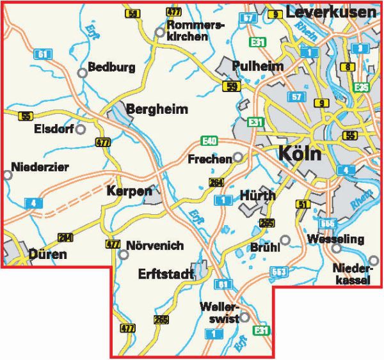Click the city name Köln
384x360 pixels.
pos(301,154)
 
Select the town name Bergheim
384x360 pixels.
pos(157,109)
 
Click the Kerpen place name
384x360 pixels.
pos(130,191)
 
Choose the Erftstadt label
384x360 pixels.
pos(166,274)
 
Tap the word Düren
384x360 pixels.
pos(48,255)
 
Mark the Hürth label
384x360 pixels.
pos(257,195)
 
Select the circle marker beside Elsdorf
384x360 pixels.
pos(81,129)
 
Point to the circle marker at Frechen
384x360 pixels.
pos(237,157)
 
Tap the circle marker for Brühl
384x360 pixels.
pos(285,240)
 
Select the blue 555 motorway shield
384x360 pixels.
pos(327,223)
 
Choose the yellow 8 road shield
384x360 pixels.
pos(348,67)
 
